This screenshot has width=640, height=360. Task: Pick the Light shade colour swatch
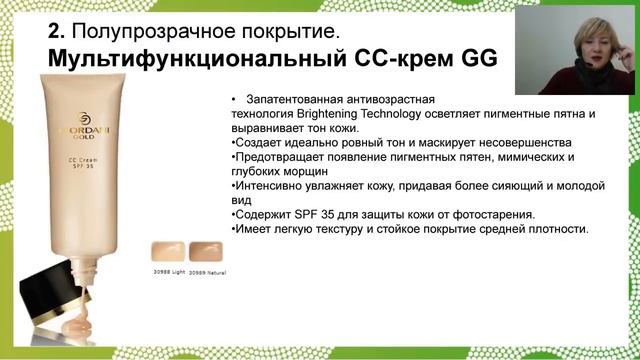tap(165, 250)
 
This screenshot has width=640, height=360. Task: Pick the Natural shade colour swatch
tap(204, 250)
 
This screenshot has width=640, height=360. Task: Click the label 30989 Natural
tap(207, 273)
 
